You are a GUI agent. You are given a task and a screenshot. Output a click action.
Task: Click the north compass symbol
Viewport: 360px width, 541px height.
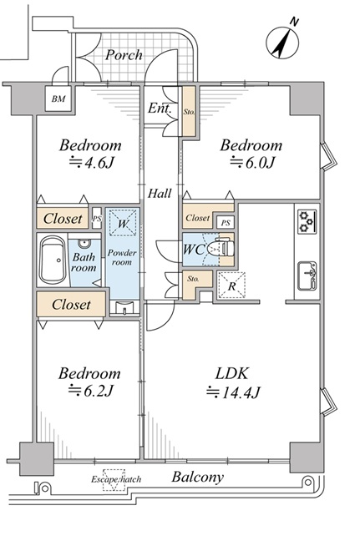[282, 42]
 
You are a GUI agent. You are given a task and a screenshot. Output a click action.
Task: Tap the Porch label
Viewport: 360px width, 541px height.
[124, 55]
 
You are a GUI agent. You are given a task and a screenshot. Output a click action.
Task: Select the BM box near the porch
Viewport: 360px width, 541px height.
[58, 99]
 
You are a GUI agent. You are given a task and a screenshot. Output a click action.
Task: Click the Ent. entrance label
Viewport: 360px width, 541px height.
[160, 109]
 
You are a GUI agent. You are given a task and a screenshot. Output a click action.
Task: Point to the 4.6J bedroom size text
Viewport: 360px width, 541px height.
[92, 162]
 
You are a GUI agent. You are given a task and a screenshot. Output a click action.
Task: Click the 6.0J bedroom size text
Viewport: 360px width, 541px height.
[252, 162]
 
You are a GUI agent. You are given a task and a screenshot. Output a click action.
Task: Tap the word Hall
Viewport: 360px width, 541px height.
[160, 193]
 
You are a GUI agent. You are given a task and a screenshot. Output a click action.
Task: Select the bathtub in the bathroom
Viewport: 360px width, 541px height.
[53, 260]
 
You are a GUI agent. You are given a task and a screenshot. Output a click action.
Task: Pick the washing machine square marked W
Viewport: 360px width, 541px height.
[123, 223]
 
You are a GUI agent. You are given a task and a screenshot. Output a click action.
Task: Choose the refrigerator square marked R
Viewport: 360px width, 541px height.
[232, 285]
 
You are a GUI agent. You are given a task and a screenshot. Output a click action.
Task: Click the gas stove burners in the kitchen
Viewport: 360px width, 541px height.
[307, 221]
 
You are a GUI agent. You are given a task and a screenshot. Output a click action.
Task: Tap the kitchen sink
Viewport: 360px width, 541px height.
[307, 276]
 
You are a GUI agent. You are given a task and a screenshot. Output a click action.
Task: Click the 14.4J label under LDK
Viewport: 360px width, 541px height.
[233, 392]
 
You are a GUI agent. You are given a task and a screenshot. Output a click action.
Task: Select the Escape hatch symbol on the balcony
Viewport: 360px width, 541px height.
[114, 479]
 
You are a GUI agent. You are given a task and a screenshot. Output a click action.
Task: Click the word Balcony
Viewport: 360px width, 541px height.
[198, 478]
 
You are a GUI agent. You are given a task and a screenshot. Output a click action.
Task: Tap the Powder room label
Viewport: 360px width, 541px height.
[122, 257]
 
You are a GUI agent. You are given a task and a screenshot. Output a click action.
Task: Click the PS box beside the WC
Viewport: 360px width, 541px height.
[226, 223]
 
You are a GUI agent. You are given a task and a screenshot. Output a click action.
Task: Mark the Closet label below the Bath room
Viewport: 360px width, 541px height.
[71, 304]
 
